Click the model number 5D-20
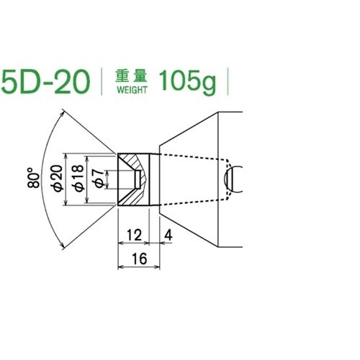45,82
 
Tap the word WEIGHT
132,90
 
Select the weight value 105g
187,82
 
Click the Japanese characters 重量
131,76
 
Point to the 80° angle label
33,178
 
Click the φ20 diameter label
58,178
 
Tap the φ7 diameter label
99,178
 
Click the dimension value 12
134,235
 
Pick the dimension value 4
168,235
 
